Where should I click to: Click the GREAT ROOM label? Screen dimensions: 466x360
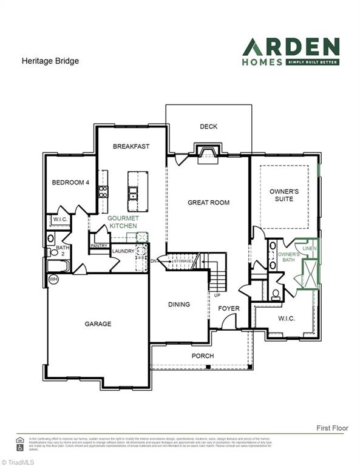[208, 203]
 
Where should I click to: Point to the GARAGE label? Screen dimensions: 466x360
[98, 324]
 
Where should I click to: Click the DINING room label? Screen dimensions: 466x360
[178, 305]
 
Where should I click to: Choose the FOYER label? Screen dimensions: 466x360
[229, 308]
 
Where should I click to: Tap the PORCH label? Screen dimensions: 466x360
[203, 356]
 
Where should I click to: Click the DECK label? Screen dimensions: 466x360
[208, 127]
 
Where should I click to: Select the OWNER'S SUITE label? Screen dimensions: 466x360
[281, 195]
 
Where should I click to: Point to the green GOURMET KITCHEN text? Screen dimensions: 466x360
[124, 222]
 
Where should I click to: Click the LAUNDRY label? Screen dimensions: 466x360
[124, 250]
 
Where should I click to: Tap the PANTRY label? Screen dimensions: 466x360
[98, 246]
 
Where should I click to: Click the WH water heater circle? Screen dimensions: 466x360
[53, 279]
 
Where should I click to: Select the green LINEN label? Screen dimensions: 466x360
[309, 249]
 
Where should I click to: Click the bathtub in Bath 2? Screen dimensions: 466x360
[59, 266]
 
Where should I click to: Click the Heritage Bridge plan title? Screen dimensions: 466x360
[50, 61]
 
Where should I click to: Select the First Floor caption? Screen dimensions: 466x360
[332, 428]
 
